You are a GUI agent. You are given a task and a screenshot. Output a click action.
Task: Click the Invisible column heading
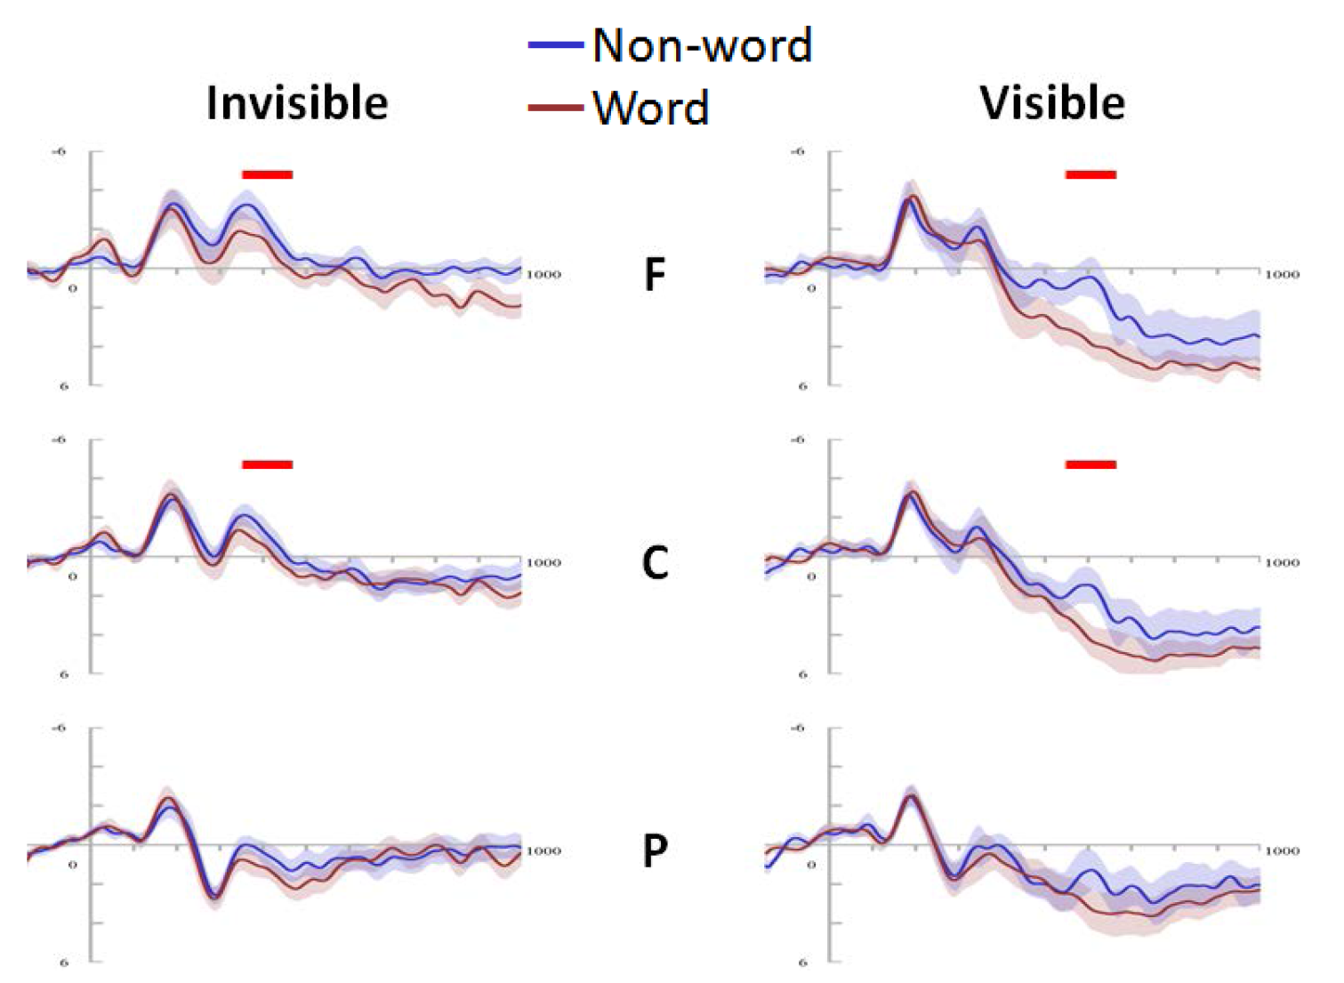[x=297, y=103]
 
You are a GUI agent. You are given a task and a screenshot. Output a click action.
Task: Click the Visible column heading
[x=1052, y=103]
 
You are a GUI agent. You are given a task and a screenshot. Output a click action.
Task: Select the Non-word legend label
[x=702, y=45]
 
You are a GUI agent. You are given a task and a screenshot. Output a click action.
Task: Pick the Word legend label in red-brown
[x=650, y=108]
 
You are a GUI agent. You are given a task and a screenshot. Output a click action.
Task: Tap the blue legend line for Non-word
[x=556, y=44]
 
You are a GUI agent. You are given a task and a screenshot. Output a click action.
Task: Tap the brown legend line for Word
[x=556, y=108]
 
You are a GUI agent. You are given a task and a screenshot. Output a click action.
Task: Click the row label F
[x=655, y=275]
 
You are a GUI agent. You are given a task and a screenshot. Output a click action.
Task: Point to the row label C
[x=655, y=563]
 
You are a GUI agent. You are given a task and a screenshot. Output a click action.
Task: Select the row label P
[x=655, y=851]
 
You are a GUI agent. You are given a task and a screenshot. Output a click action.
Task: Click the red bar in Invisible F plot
[x=267, y=174]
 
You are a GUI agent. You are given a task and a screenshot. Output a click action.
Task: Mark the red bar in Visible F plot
[x=1090, y=174]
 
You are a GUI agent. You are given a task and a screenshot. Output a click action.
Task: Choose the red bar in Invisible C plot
[x=267, y=464]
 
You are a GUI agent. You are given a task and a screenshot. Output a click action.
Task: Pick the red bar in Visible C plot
[x=1090, y=464]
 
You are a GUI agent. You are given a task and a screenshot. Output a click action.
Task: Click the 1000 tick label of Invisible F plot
[x=543, y=275]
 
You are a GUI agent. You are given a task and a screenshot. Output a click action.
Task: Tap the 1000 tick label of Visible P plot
[x=1283, y=851]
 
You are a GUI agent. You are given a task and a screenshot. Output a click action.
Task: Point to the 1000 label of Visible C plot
[x=1283, y=563]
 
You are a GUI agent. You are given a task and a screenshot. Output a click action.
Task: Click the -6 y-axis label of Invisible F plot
[x=59, y=152]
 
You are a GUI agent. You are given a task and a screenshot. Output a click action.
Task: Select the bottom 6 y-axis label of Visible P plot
[x=802, y=962]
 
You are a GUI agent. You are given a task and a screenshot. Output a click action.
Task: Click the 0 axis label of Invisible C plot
[x=73, y=576]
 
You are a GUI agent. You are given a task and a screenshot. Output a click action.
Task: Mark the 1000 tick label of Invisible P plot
[x=543, y=851]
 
